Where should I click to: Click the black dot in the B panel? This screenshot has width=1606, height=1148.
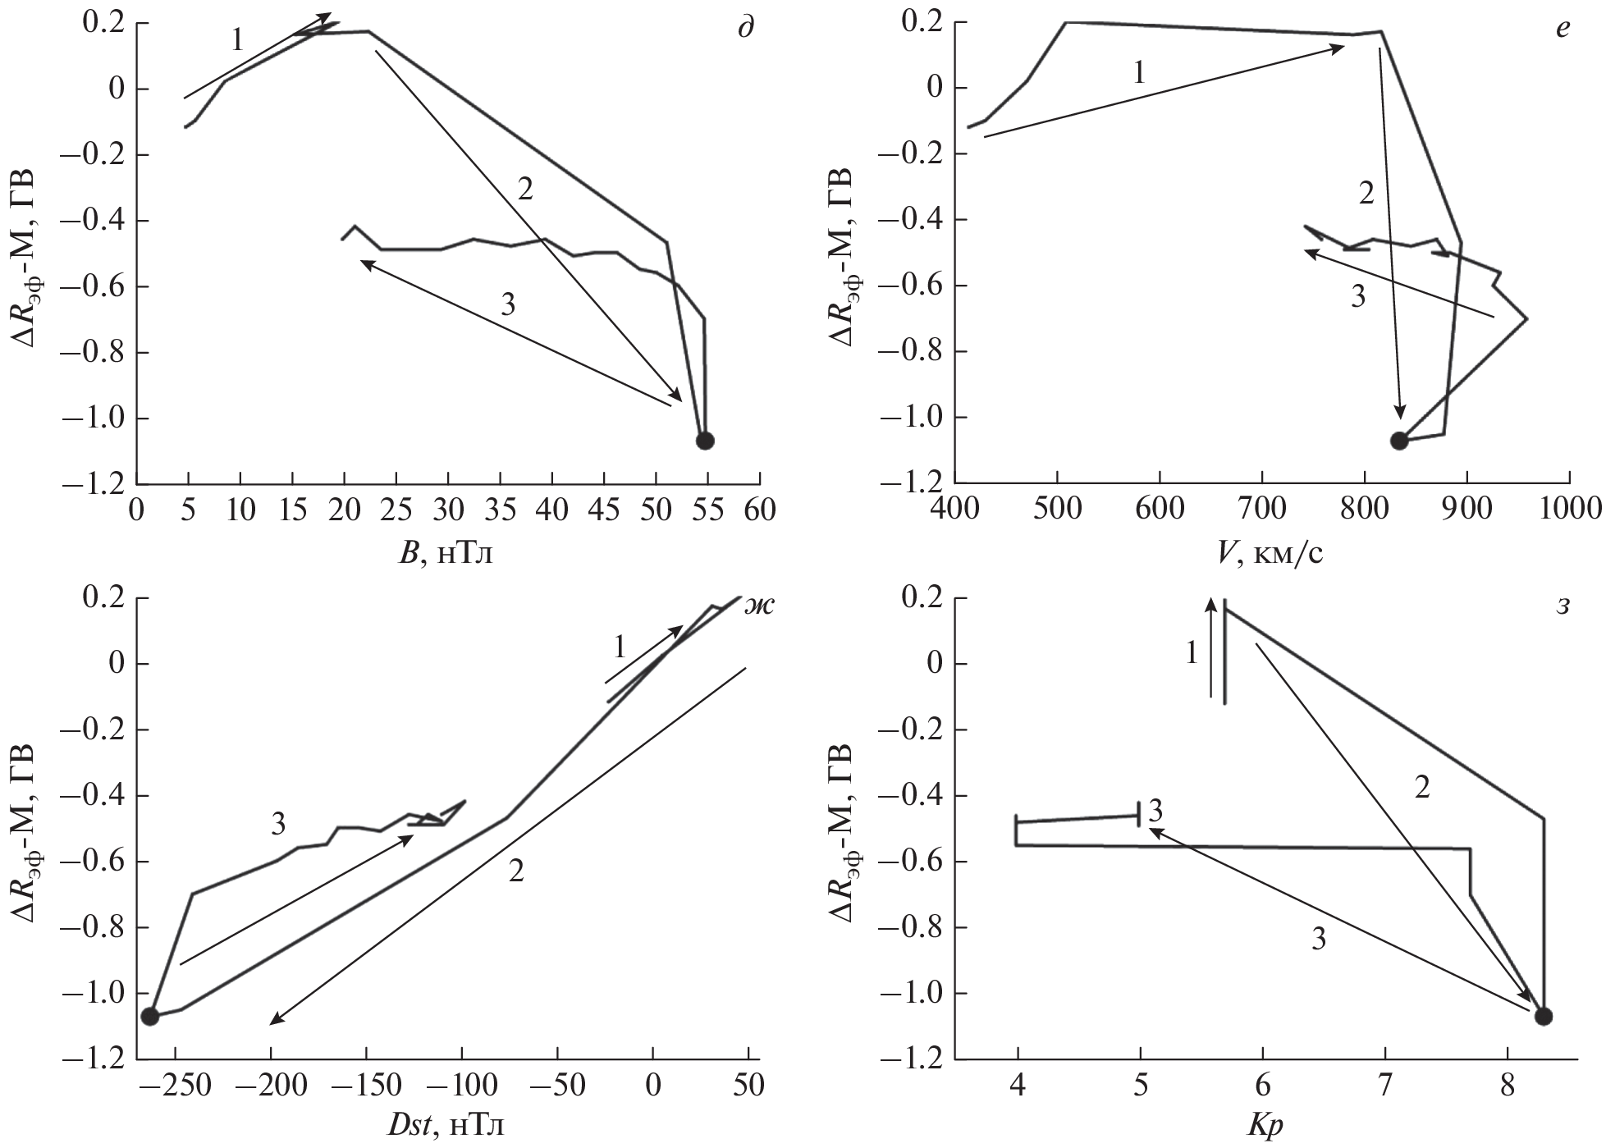coord(705,441)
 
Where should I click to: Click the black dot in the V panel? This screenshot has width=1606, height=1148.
coord(1399,441)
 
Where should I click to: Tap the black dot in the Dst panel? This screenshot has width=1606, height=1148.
coord(150,1017)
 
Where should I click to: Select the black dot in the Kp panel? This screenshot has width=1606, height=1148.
coord(1544,1017)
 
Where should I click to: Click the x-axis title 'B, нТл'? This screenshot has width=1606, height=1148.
coord(447,556)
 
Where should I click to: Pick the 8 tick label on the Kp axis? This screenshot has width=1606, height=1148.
coord(1507,1086)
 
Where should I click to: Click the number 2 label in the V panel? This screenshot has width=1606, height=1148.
coord(1366,194)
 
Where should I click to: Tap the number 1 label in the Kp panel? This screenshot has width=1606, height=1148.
coord(1192,653)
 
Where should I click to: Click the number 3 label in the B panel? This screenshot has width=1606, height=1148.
coord(508,305)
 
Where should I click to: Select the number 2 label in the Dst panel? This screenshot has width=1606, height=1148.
coord(515,871)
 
